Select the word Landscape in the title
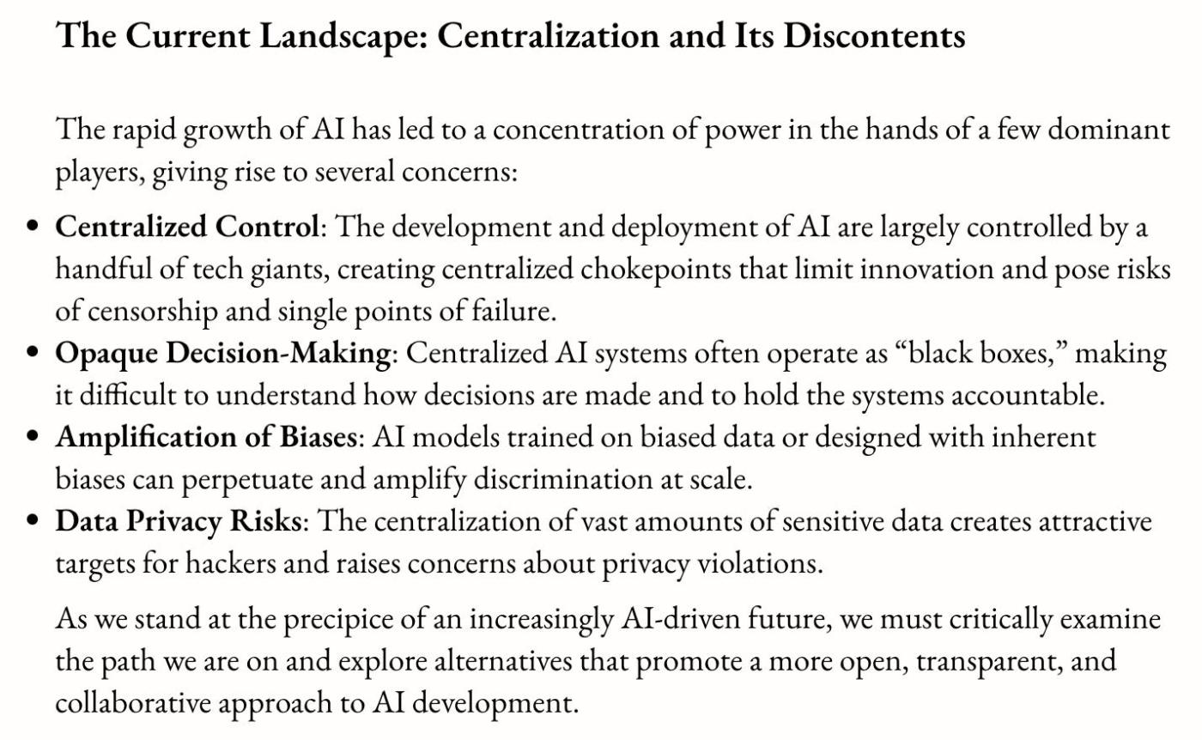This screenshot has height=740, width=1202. point(317,37)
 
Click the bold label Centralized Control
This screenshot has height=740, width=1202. point(188,227)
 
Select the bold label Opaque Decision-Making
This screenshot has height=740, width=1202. point(223,354)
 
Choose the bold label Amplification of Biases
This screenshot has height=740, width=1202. point(206,438)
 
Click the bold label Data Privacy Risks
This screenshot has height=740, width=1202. point(178,522)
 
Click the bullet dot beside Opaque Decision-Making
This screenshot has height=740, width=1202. point(33,354)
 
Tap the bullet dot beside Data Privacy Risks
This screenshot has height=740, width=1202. point(33,522)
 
